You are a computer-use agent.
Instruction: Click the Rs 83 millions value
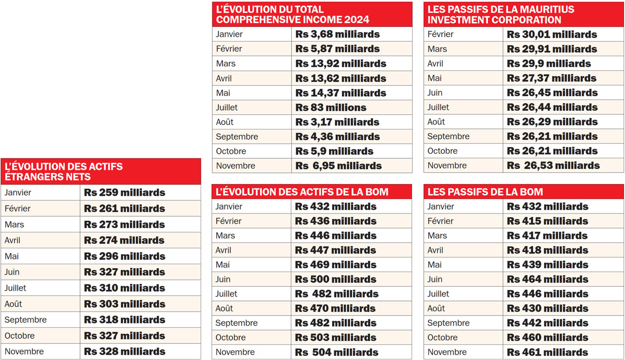click(x=331, y=107)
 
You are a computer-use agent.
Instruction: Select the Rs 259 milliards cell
click(x=125, y=192)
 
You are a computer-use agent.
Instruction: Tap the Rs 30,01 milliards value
click(x=552, y=34)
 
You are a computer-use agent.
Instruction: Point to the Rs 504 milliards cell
click(x=336, y=352)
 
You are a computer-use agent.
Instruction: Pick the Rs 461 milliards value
click(x=547, y=352)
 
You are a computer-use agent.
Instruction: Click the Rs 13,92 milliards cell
click(x=341, y=64)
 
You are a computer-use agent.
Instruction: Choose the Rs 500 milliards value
click(x=335, y=279)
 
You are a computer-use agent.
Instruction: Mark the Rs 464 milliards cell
click(x=547, y=279)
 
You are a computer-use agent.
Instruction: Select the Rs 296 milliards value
click(x=125, y=256)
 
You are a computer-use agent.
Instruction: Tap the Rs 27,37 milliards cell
click(x=551, y=78)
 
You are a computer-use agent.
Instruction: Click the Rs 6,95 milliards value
click(x=338, y=166)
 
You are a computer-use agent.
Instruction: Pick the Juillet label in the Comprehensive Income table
click(x=227, y=107)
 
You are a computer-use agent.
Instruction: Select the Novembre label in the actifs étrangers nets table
click(x=24, y=352)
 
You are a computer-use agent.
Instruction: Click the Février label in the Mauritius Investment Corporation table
click(x=440, y=34)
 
